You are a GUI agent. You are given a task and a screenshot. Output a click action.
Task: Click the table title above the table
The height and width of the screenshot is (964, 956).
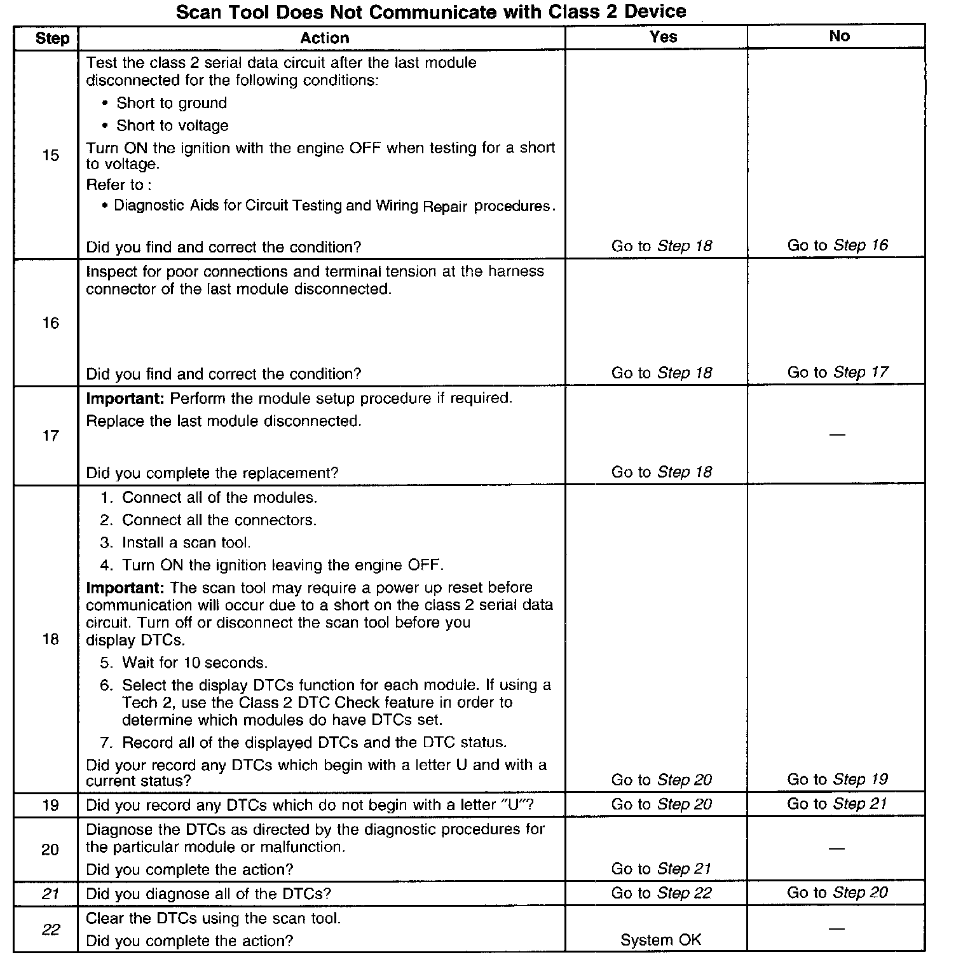pos(431,11)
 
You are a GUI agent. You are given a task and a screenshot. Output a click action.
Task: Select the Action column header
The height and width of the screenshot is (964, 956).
pos(324,38)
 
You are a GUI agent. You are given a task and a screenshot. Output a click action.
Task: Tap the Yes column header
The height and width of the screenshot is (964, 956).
pos(663,36)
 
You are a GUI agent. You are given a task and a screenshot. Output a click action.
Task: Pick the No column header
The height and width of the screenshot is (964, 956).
pos(839,36)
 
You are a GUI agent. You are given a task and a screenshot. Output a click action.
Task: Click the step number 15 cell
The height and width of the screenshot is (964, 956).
pos(50,155)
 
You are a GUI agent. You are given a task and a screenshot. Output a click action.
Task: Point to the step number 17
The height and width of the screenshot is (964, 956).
pos(50,436)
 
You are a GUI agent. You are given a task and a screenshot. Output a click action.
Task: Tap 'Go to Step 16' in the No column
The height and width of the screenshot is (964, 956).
pos(837,245)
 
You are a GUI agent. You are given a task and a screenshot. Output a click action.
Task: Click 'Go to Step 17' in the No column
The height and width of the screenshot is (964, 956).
pos(837,372)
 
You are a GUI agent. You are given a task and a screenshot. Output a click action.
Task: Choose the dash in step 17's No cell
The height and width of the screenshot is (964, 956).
pos(837,435)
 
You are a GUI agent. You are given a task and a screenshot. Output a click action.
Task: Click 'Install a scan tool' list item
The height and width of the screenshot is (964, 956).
pos(186,542)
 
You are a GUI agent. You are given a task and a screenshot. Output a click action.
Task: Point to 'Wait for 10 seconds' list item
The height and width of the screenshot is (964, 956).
pos(194,663)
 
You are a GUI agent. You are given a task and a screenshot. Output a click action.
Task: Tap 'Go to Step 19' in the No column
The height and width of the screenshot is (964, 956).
pos(837,780)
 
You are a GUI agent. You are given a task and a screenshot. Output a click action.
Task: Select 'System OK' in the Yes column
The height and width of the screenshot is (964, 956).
pos(661,940)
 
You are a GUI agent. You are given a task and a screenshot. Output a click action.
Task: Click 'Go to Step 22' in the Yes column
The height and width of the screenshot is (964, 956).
pos(661,893)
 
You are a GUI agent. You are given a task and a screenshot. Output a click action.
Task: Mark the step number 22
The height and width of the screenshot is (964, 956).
pos(50,930)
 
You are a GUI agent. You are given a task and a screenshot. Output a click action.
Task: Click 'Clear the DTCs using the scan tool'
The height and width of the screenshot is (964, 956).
pos(213,918)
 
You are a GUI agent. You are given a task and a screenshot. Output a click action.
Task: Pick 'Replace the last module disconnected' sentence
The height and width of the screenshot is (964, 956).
pos(223,421)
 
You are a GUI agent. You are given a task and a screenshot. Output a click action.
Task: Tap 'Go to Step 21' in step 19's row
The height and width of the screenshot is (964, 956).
pos(837,804)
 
